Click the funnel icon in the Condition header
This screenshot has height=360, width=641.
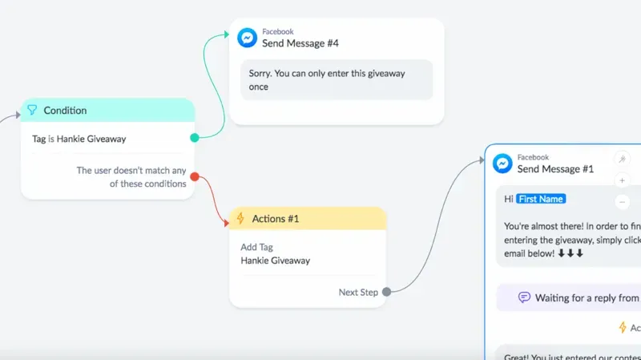point(32,111)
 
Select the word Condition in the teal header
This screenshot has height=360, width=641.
point(65,111)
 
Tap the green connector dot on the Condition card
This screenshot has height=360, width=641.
point(195,138)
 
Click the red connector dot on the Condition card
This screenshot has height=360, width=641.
point(195,176)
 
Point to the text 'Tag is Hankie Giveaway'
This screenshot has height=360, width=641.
point(79,139)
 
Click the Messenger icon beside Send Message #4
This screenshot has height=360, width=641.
point(246,38)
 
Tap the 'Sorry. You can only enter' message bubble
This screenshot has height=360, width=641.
point(337,79)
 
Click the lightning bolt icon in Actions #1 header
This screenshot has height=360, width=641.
point(240,219)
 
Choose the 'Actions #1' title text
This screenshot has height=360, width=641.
point(275,219)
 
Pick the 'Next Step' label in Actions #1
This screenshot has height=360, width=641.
point(358,292)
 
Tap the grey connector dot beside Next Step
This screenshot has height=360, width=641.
point(386,292)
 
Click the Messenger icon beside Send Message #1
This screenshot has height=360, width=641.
point(502,164)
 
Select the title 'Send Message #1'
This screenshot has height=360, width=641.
point(555,169)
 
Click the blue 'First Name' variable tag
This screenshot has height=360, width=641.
point(541,199)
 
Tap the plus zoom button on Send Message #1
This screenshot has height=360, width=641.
point(622,180)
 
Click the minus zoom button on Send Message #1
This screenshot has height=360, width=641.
point(622,201)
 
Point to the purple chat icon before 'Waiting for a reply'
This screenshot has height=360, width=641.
point(524,297)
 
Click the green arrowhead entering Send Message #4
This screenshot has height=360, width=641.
point(227,36)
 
